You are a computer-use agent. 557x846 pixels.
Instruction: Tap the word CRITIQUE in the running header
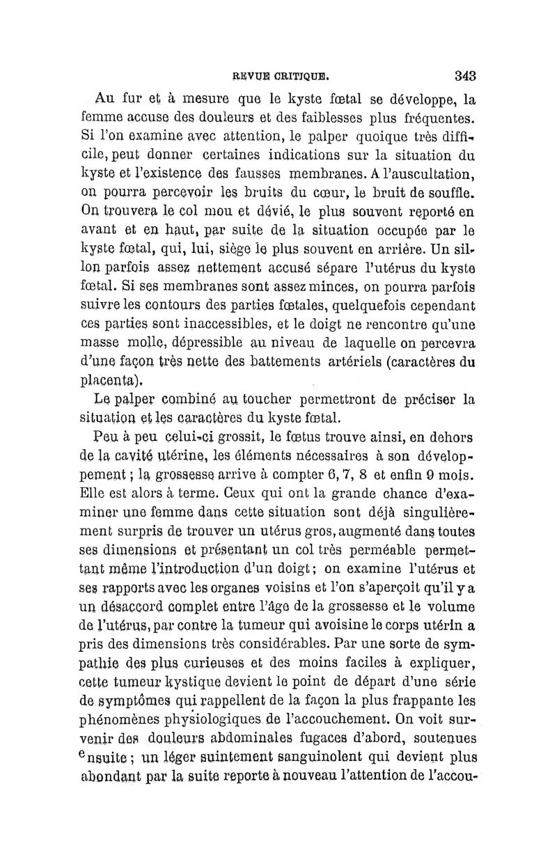point(293,76)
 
